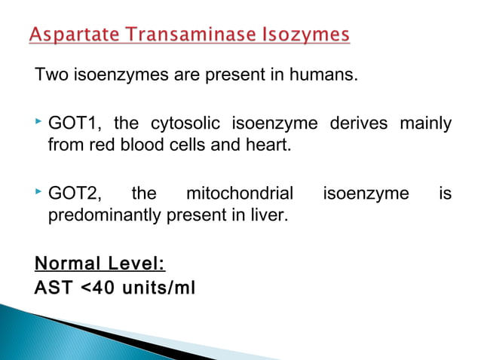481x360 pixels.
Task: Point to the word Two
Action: point(51,76)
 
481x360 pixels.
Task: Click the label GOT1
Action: point(73,124)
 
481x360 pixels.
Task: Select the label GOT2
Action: point(73,195)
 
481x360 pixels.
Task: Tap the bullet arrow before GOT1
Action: point(38,122)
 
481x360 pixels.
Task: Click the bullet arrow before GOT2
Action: point(38,194)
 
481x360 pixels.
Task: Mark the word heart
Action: point(269,145)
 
